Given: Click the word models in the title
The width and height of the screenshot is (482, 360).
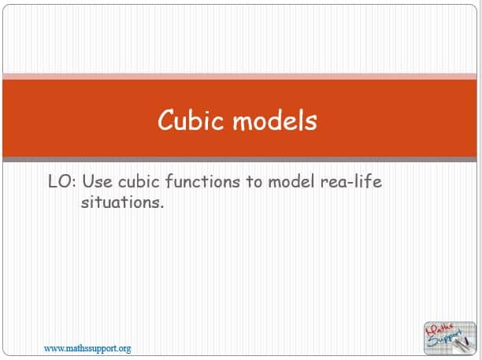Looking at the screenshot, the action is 275,120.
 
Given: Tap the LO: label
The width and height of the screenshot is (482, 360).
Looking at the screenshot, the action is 61,181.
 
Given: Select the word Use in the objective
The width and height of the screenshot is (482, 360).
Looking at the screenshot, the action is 97,181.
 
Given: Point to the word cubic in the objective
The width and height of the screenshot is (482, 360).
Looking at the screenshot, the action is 139,181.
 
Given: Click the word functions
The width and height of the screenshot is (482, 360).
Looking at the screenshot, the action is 202,181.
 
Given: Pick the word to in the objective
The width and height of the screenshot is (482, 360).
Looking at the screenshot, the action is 254,182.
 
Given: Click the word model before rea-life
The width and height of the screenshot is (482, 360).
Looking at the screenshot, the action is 291,181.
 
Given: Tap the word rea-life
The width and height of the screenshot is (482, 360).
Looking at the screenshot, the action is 351,181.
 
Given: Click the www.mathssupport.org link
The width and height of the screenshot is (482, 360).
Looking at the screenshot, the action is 87,349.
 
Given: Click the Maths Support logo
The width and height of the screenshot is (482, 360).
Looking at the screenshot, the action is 450,338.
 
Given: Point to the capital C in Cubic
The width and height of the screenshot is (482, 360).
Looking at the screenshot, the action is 166,120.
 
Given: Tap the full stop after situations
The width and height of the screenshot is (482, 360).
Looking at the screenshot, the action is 161,207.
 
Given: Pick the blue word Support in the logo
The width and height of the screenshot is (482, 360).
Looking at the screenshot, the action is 446,339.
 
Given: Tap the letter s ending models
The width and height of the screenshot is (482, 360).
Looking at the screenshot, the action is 312,123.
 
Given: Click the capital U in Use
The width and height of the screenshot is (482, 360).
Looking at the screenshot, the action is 87,181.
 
